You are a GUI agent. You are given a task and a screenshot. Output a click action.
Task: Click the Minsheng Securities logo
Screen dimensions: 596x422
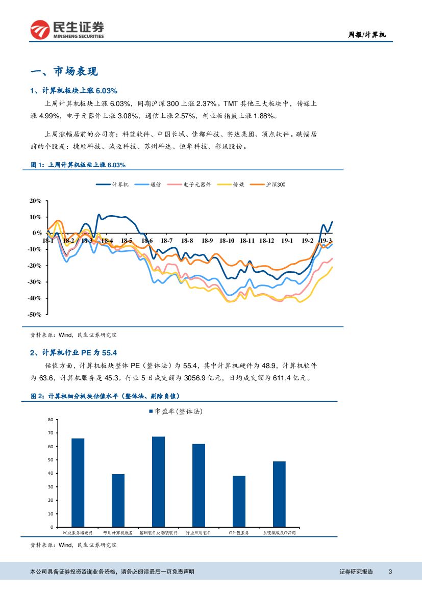pyautogui.click(x=67, y=30)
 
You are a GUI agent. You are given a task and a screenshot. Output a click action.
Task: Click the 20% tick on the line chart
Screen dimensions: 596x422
pyautogui.click(x=35, y=201)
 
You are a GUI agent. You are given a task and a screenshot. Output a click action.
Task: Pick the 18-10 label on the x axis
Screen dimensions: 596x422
pyautogui.click(x=227, y=241)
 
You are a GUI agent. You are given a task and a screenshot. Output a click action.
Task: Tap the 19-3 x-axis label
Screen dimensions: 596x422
pyautogui.click(x=325, y=241)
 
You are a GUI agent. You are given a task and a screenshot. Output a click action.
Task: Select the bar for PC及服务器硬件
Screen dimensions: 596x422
pyautogui.click(x=78, y=482)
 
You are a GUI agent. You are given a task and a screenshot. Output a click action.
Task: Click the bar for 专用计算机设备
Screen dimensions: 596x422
pyautogui.click(x=118, y=500)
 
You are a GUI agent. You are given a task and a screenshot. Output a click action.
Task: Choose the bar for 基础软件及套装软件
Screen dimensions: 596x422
pyautogui.click(x=158, y=481)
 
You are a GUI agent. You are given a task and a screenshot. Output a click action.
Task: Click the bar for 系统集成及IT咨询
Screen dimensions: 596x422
pyautogui.click(x=279, y=494)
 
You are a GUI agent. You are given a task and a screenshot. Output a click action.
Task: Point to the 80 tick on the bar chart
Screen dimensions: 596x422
pyautogui.click(x=50, y=420)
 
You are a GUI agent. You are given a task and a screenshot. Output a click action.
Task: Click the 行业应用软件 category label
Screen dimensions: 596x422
pyautogui.click(x=198, y=533)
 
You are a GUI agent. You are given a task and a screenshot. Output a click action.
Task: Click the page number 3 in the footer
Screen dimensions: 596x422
pyautogui.click(x=390, y=572)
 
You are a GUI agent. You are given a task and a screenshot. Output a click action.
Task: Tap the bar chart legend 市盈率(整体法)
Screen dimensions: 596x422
pyautogui.click(x=179, y=411)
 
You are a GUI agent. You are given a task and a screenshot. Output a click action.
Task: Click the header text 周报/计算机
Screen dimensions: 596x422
pyautogui.click(x=367, y=35)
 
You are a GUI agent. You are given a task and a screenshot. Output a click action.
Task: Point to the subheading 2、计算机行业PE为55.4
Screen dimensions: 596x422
pyautogui.click(x=74, y=352)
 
